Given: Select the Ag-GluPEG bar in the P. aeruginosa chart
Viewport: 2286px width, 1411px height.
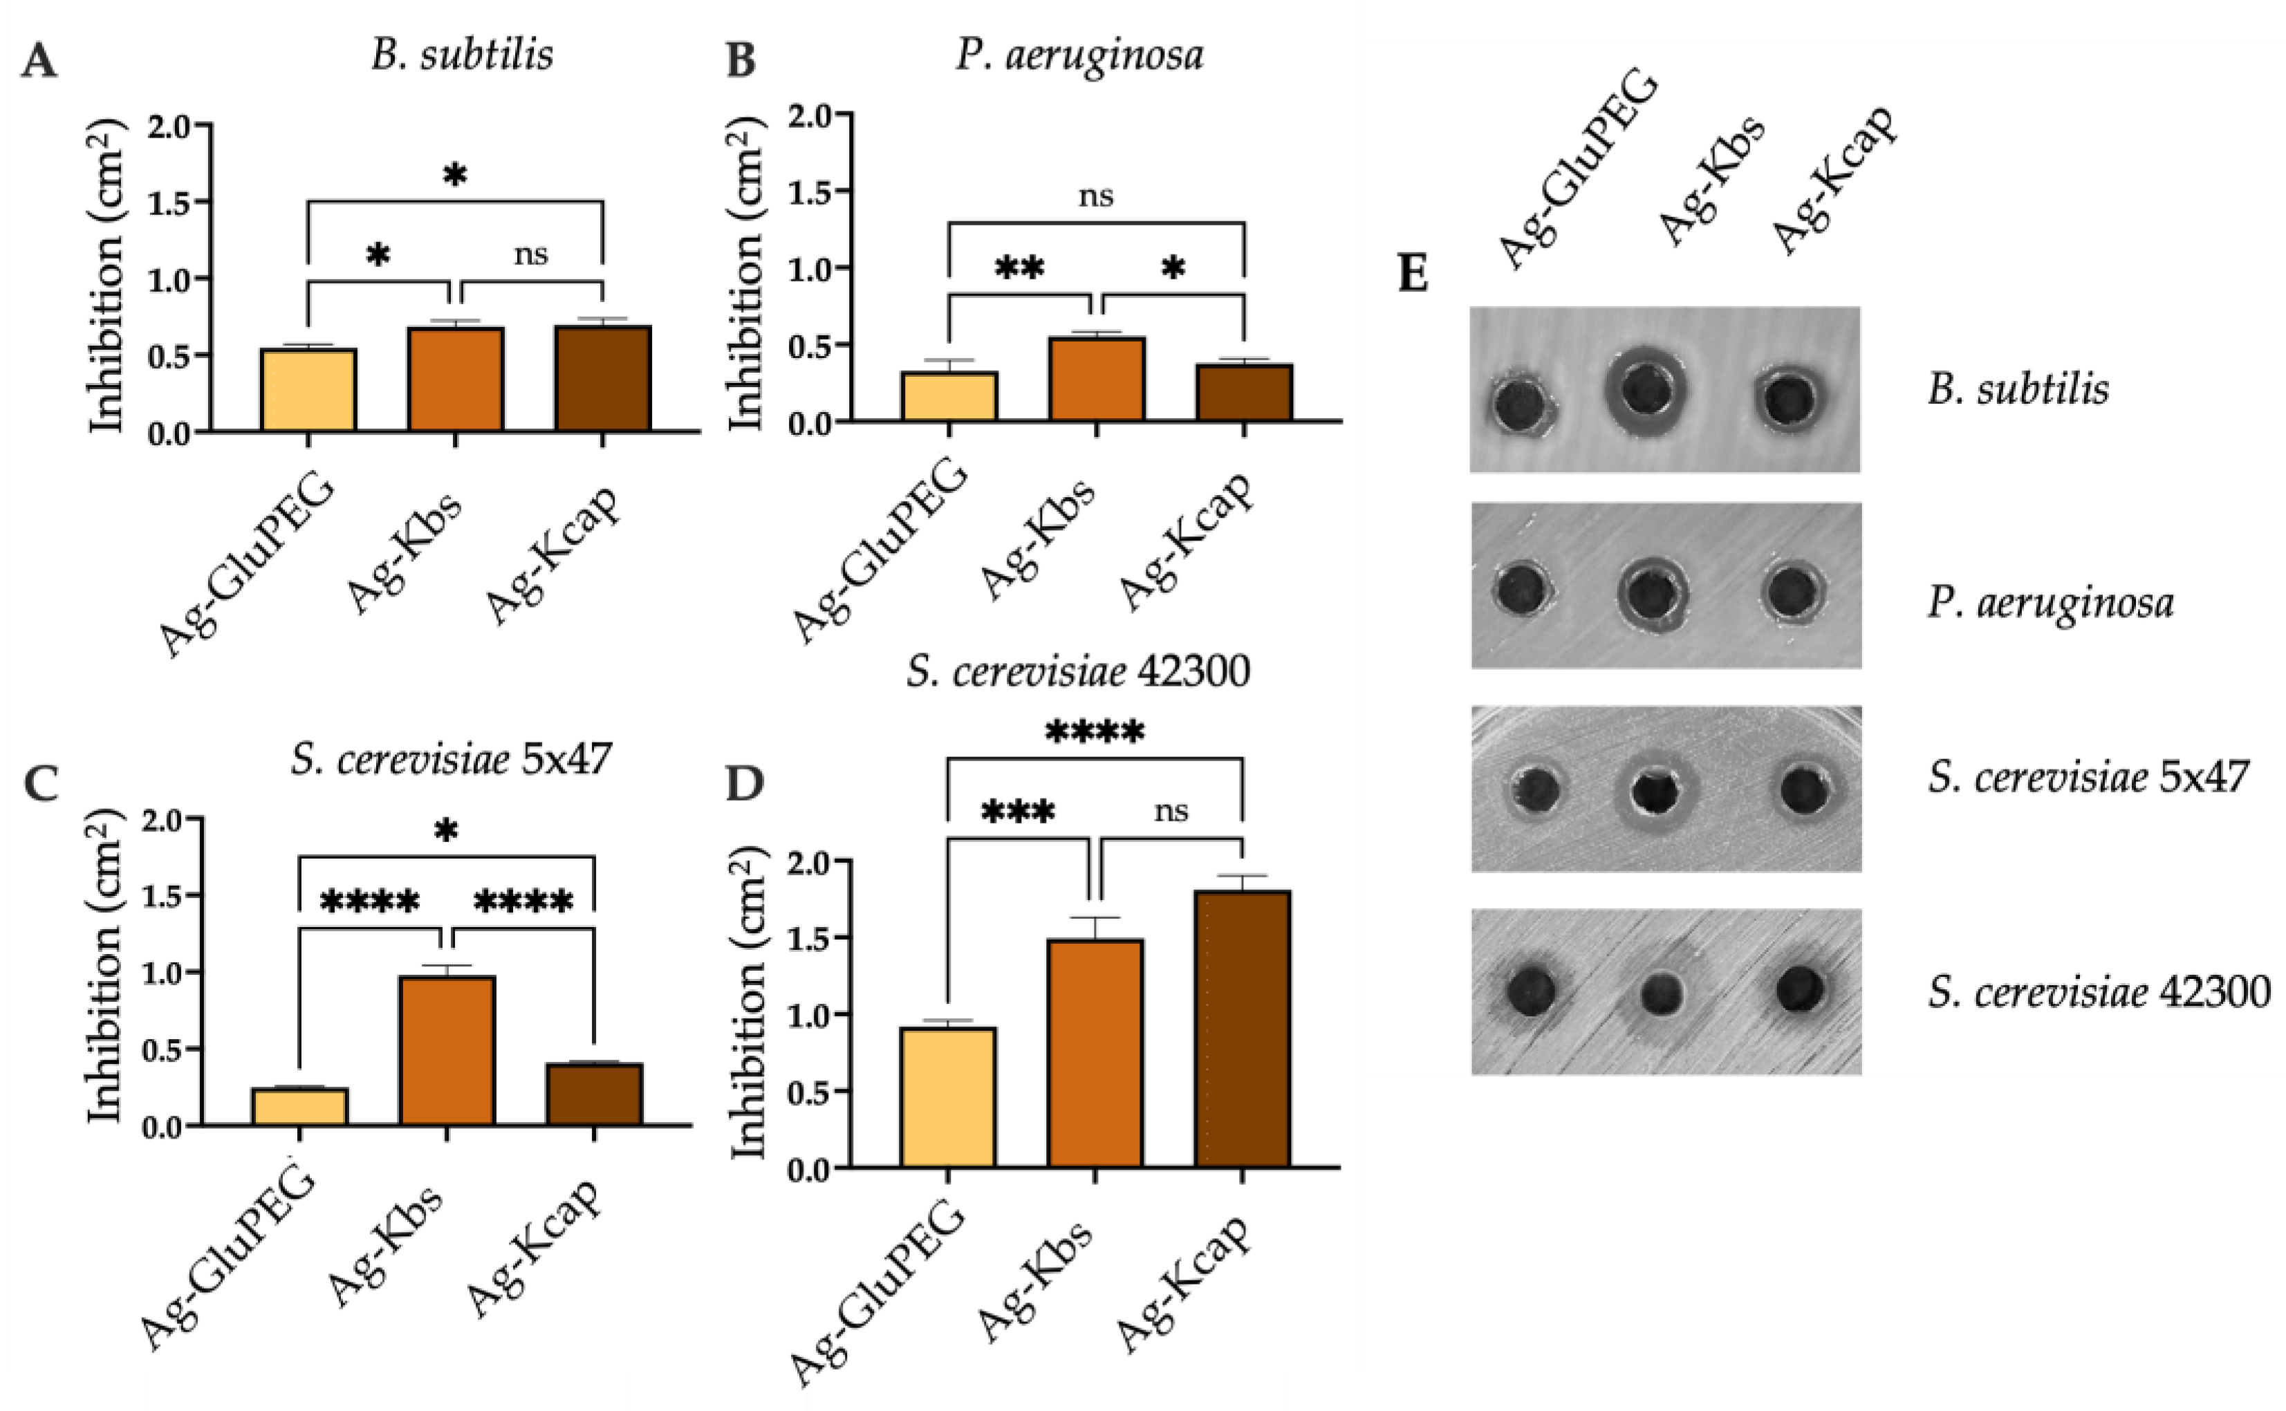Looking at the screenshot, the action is point(949,397).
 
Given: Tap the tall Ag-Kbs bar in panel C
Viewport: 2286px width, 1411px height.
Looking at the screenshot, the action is point(447,1050).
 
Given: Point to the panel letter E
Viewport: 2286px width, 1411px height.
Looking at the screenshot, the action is point(1413,274).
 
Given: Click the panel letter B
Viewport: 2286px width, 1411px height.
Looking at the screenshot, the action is point(741,62).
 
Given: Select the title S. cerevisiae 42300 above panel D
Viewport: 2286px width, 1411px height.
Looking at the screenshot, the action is point(1077,671).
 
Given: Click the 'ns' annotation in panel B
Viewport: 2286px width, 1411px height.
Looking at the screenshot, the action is point(1096,196).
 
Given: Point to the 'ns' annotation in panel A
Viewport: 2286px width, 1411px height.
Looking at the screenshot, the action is point(530,254).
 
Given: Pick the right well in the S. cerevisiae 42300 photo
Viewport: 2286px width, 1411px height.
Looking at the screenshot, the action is point(1801,989).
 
